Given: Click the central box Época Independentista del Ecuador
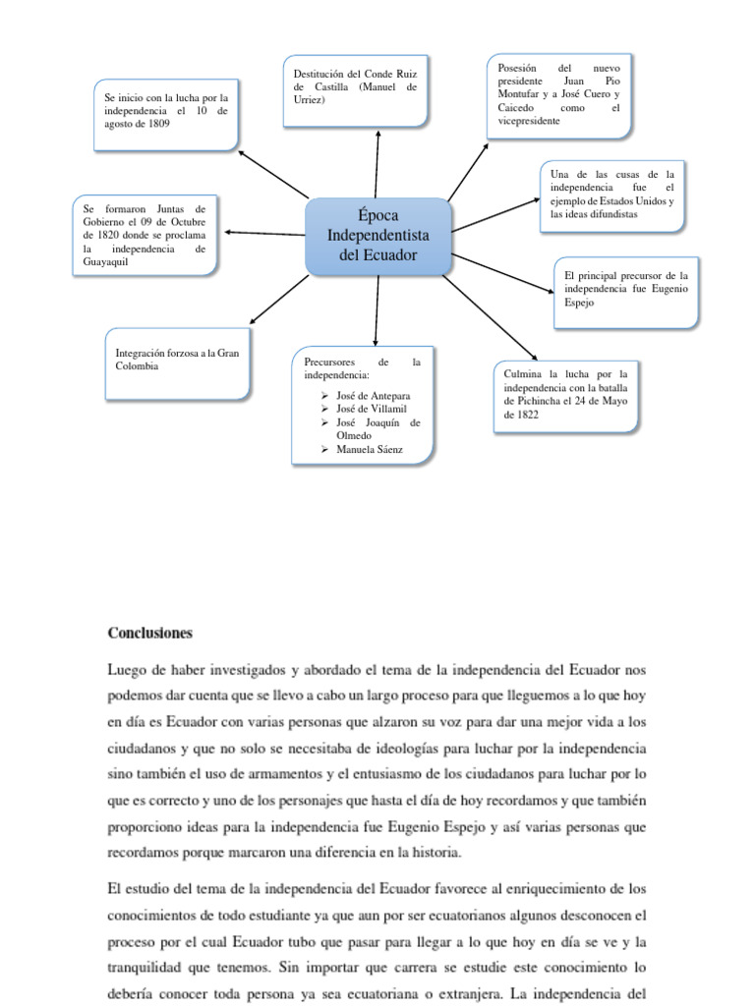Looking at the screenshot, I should (x=377, y=236).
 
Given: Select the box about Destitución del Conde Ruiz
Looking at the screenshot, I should (x=356, y=91).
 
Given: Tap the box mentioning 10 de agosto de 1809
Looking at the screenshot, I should (x=166, y=116).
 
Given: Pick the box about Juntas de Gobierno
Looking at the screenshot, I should (x=145, y=236).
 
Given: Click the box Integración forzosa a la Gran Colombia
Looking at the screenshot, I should (x=178, y=363).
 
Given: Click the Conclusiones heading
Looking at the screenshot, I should (x=149, y=633).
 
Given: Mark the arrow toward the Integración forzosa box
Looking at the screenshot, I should (x=279, y=300).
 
